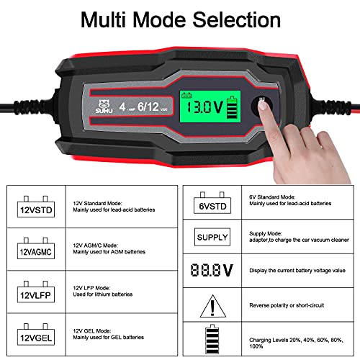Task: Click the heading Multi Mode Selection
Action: (179, 19)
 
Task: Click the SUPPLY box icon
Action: (213, 236)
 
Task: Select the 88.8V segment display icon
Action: (213, 270)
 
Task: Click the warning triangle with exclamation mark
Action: (213, 306)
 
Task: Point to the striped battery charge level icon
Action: (213, 339)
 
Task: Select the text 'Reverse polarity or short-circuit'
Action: (287, 306)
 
